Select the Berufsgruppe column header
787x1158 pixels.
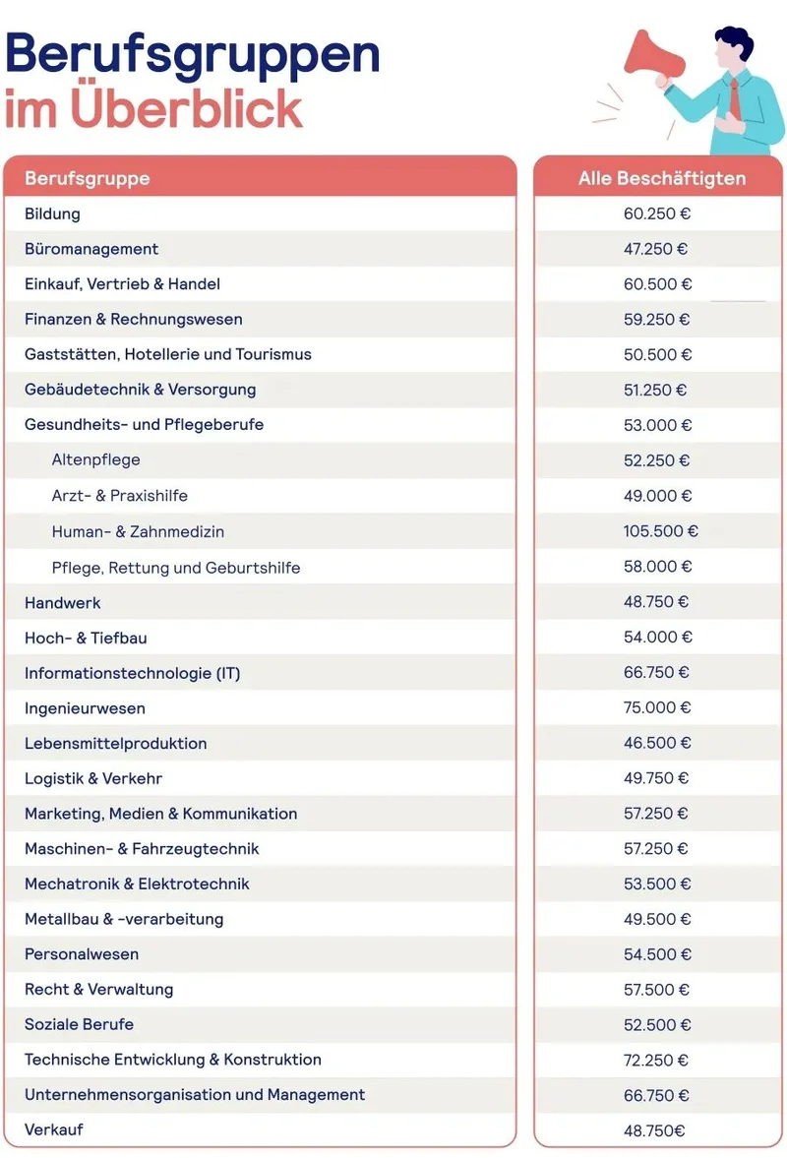tap(88, 178)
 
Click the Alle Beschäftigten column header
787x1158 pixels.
tap(661, 178)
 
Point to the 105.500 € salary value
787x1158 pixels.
tap(660, 531)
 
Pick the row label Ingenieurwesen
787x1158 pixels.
tap(85, 708)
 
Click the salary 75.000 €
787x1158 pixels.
tap(657, 707)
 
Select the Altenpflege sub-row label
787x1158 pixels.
tap(95, 460)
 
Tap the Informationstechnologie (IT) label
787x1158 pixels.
tap(132, 673)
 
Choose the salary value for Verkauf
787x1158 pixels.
tap(654, 1130)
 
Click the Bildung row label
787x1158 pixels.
tap(52, 213)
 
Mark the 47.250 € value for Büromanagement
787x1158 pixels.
tap(656, 249)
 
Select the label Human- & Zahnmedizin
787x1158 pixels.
tap(138, 531)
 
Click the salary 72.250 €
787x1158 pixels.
tap(656, 1060)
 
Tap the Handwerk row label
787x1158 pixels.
tap(63, 602)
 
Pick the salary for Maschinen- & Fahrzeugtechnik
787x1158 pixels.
tap(656, 848)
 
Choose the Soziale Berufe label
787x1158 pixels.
tap(79, 1024)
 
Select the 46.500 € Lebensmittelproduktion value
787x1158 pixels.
tap(656, 743)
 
